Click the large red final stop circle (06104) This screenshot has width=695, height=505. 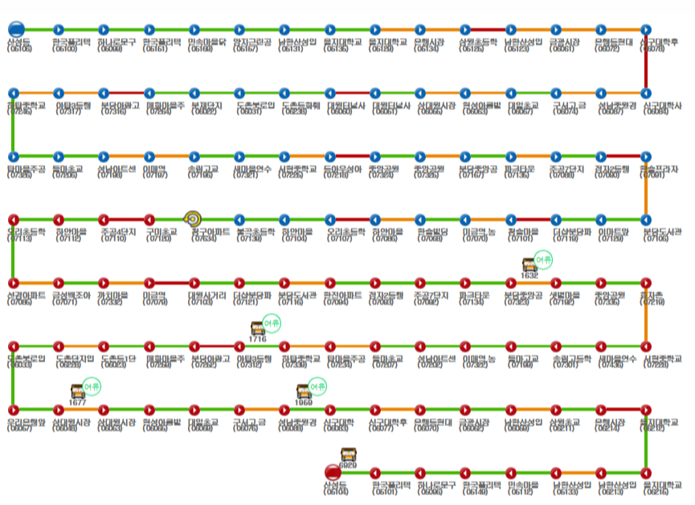click(332, 472)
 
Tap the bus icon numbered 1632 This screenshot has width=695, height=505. click(529, 264)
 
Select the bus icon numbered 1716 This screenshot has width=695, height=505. click(257, 328)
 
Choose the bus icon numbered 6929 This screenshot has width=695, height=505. click(348, 454)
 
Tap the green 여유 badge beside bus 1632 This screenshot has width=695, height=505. click(545, 259)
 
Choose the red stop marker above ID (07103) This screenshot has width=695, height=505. click(194, 283)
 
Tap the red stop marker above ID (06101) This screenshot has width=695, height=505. click(374, 472)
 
